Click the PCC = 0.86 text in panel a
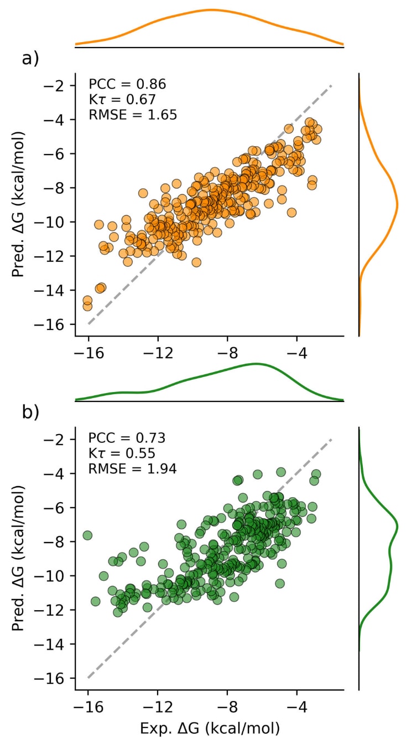127,85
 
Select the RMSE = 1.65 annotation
133,115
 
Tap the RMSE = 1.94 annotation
133,469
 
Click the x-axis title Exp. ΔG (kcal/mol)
209,726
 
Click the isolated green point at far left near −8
87,535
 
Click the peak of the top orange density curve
211,9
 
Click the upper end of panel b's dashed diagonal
331,440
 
